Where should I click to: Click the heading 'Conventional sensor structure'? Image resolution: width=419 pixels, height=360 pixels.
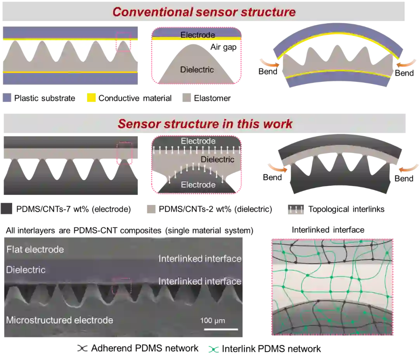[204, 12]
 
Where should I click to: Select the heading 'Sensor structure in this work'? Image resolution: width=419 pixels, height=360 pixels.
[205, 124]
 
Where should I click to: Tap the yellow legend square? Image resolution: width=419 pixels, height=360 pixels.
[91, 97]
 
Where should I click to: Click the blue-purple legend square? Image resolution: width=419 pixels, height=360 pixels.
[7, 97]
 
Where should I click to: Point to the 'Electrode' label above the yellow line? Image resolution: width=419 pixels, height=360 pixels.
[197, 35]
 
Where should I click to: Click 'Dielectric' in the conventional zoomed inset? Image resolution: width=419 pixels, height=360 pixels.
[197, 70]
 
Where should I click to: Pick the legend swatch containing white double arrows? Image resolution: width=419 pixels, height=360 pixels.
[295, 210]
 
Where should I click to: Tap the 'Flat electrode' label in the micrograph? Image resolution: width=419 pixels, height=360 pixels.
[35, 249]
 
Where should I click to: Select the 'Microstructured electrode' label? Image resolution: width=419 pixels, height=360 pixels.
[60, 320]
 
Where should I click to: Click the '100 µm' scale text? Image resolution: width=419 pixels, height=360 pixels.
[213, 321]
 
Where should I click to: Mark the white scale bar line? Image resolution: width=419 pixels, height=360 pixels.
[221, 329]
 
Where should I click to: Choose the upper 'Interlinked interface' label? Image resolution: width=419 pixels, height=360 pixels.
[200, 259]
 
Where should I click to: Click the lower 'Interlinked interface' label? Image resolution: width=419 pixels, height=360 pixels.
[200, 281]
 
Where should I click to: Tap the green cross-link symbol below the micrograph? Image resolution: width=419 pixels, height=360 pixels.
[214, 350]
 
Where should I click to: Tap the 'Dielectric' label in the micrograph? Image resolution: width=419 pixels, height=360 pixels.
[26, 270]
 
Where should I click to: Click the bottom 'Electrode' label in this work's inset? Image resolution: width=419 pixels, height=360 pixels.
[198, 185]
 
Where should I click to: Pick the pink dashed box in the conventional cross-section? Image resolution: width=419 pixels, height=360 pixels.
[123, 42]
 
